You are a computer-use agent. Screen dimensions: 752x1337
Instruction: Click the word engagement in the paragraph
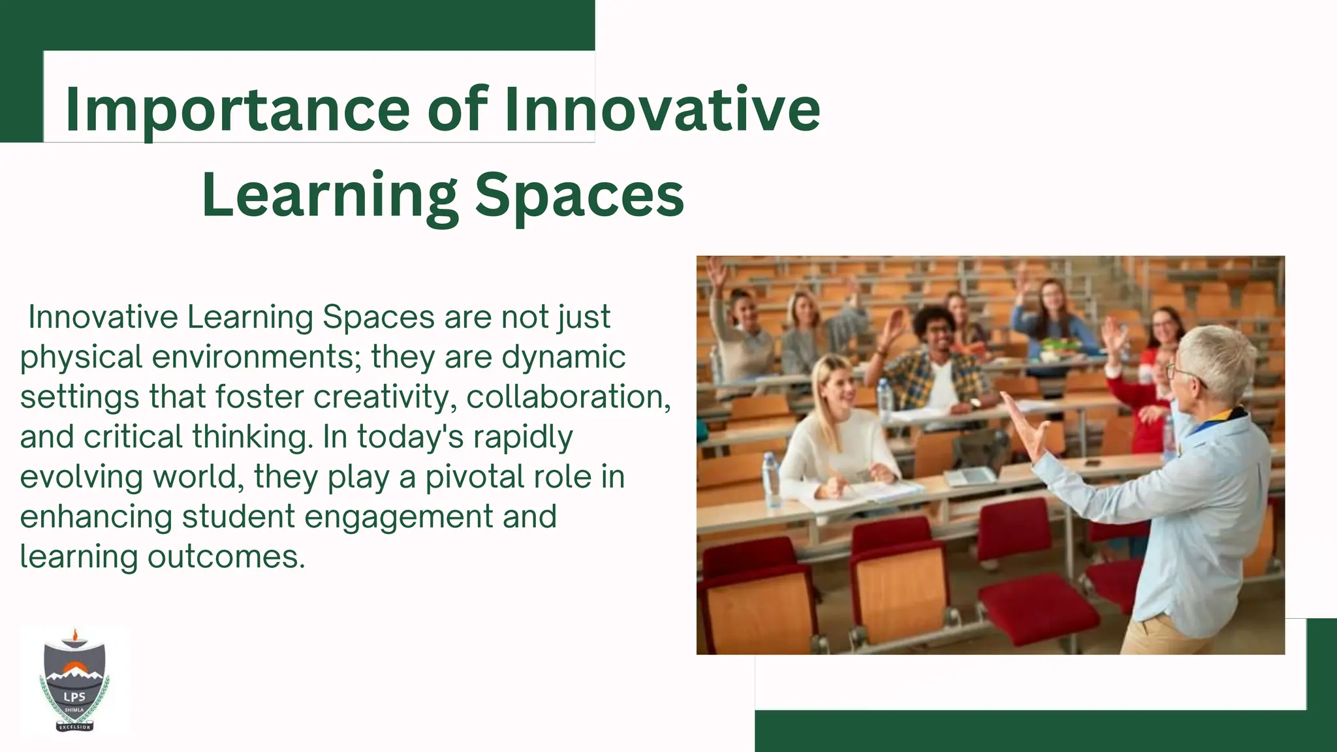click(x=398, y=516)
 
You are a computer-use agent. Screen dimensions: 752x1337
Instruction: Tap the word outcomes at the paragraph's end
click(x=226, y=557)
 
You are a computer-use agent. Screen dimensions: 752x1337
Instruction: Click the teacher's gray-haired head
click(x=1216, y=363)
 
